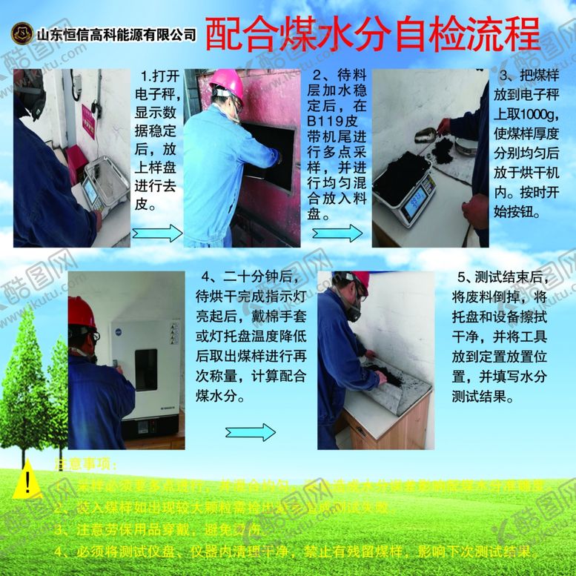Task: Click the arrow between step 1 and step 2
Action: coord(157,234)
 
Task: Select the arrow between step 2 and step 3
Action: coord(337,233)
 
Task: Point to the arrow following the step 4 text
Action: coord(251,432)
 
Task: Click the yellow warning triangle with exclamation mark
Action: coord(27,480)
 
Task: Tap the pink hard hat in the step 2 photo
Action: coord(228,85)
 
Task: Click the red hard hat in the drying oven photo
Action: coord(81,312)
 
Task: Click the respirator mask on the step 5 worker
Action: coord(353,311)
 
